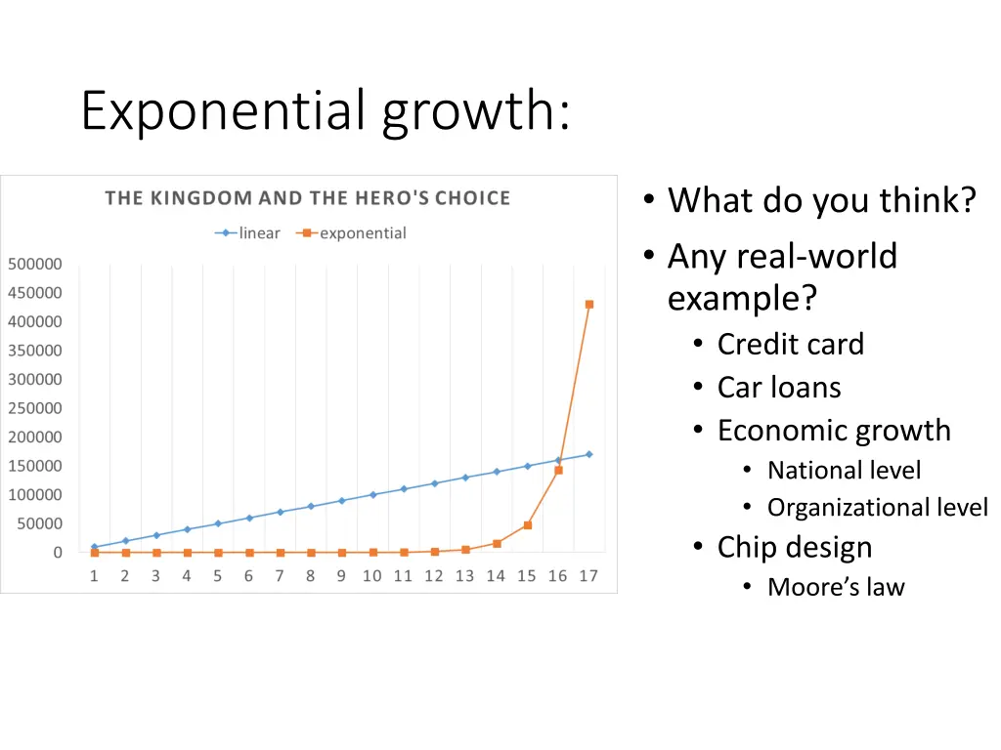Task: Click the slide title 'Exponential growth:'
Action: coord(326,110)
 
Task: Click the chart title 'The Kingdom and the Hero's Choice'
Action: coord(307,198)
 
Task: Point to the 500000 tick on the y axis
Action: coord(35,264)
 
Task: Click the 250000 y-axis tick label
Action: coord(35,408)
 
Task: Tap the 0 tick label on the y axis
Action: coord(58,553)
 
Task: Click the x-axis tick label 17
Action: coord(588,576)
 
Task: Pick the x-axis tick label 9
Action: coord(341,576)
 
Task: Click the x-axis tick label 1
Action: coord(94,576)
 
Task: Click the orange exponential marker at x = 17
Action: coord(588,305)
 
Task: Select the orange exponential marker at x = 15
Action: coord(527,525)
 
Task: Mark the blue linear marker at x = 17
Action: coord(588,454)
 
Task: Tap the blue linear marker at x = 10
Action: coord(372,495)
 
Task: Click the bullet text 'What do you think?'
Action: coord(821,201)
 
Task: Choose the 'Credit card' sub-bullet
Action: coord(790,345)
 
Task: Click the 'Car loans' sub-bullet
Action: coord(778,388)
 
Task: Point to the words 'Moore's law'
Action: coord(836,587)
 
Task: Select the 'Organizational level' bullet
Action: coord(877,508)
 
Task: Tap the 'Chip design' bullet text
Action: coord(794,547)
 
